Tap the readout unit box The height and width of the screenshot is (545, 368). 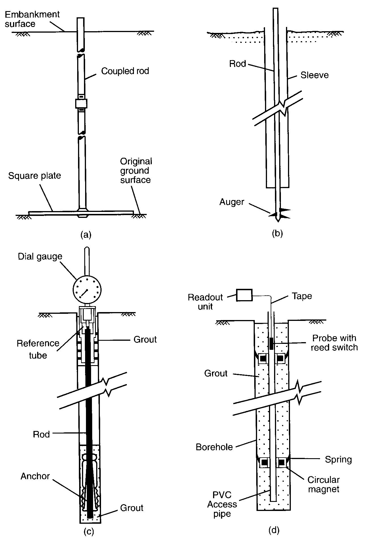click(244, 295)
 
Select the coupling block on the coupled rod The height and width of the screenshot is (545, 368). click(81, 103)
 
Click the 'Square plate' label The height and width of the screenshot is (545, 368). click(34, 176)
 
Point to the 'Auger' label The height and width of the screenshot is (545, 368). click(232, 202)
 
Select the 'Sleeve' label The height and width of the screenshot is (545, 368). click(314, 75)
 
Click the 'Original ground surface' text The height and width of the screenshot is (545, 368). click(136, 171)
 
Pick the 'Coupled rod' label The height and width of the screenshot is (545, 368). click(125, 71)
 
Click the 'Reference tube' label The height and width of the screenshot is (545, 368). click(38, 349)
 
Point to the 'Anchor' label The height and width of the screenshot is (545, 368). click(35, 476)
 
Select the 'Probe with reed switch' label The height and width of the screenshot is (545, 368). click(334, 342)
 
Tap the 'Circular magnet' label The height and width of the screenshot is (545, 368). click(323, 484)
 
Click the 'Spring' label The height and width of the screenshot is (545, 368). click(338, 459)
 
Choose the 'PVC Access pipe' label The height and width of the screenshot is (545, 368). click(222, 504)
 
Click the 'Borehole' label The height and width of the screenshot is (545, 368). click(214, 447)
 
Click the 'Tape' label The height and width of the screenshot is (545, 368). click(302, 296)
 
